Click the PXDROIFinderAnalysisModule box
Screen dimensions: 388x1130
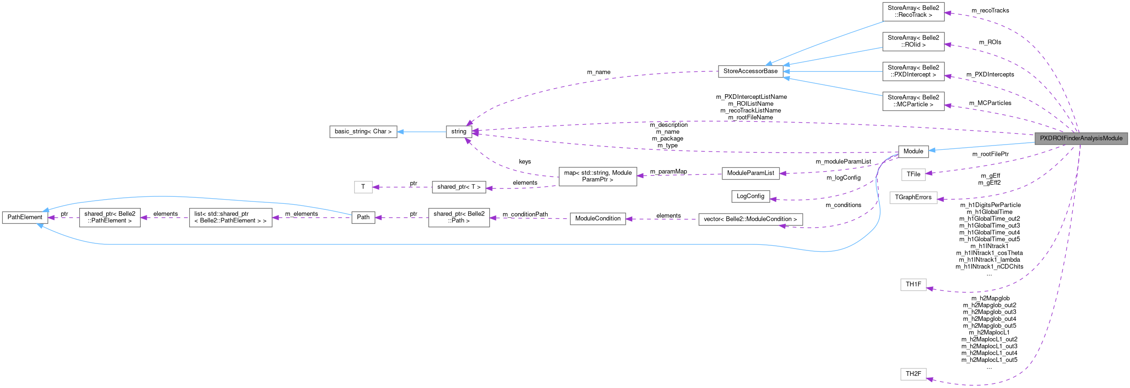coord(1081,139)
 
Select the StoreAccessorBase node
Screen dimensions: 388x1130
coord(750,71)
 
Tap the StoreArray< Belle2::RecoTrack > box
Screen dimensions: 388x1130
coord(913,12)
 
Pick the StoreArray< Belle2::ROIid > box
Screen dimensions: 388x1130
coord(913,42)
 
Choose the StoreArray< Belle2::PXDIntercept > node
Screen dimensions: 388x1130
coord(913,71)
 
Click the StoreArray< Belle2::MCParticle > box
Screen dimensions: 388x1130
coord(913,101)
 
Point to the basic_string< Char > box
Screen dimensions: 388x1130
coord(363,132)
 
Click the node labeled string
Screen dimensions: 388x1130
coord(459,132)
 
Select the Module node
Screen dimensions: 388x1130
coord(913,152)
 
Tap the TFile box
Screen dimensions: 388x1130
coord(913,174)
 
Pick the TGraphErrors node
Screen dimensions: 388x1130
coord(913,197)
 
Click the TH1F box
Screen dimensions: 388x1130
coord(913,284)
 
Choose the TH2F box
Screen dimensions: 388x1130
coord(913,374)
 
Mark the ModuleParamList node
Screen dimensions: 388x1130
coord(750,173)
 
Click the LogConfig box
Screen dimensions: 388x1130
coord(750,196)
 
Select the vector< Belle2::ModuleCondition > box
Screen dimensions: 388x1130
coord(750,219)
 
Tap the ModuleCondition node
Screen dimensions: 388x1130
coord(597,219)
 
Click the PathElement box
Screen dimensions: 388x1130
coord(25,217)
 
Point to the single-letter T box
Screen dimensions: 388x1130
coord(363,187)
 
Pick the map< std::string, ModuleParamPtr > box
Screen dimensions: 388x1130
coord(597,176)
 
